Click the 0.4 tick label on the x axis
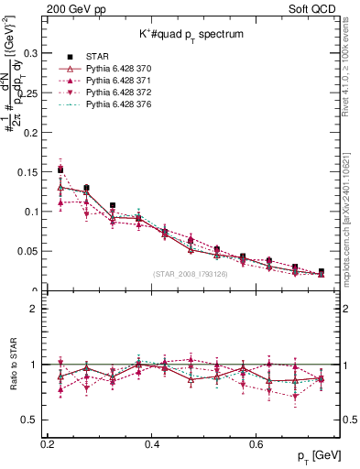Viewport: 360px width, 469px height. pyautogui.click(x=153, y=444)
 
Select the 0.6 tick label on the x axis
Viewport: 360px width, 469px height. pyautogui.click(x=258, y=444)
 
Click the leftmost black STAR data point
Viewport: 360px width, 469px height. pyautogui.click(x=60, y=169)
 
